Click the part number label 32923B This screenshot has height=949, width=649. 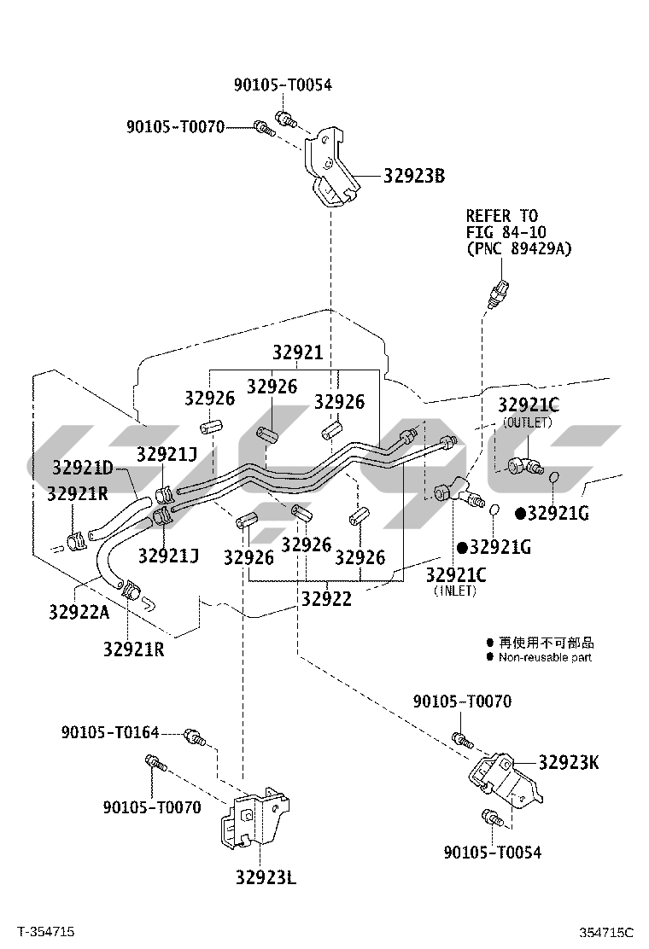[x=414, y=177]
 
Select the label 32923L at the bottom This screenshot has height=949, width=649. [x=266, y=877]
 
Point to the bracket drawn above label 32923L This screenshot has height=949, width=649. [x=254, y=818]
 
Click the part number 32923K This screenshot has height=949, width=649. [x=568, y=762]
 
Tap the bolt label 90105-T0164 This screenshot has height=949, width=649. [x=110, y=732]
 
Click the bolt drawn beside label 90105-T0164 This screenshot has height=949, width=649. [x=194, y=735]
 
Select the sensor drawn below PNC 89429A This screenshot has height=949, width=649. [x=500, y=292]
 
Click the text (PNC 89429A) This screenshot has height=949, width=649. [x=518, y=248]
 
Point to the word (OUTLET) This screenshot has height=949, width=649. [x=528, y=422]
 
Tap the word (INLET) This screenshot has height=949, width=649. [x=454, y=591]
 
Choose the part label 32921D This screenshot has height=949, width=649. [x=82, y=468]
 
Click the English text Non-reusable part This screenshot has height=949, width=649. [x=545, y=657]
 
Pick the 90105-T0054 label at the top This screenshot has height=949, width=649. [x=283, y=84]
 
